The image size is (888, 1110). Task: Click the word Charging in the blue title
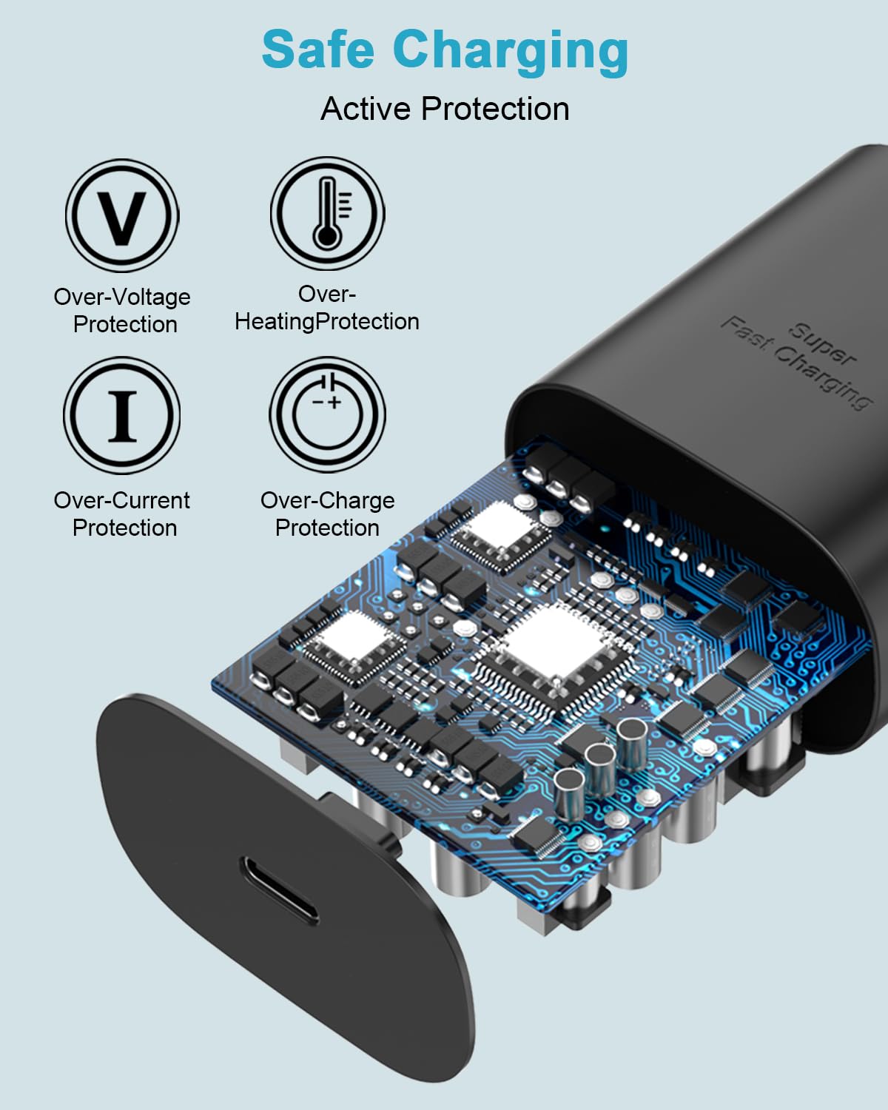(511, 53)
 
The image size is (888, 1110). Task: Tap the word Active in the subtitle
(364, 109)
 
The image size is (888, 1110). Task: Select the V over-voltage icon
(122, 215)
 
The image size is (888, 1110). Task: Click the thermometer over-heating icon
(327, 214)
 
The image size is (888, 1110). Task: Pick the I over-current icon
(122, 415)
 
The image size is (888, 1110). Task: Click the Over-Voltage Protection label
(123, 311)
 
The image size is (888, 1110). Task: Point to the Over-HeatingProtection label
(327, 308)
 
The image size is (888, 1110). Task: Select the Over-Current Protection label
(122, 514)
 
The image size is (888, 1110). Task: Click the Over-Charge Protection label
(328, 514)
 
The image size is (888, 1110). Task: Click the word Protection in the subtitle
(495, 109)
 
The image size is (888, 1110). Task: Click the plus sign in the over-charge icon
(334, 403)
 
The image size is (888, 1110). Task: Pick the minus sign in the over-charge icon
(318, 402)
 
